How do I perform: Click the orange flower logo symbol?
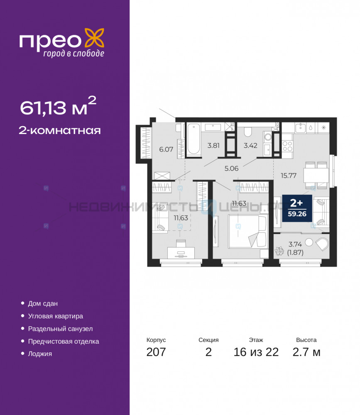coord(94,38)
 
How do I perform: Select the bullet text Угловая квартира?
coord(55,316)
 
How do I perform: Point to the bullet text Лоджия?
coord(40,354)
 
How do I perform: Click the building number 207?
coord(156,352)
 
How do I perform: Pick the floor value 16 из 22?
coord(256,352)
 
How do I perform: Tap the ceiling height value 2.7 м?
coord(306,352)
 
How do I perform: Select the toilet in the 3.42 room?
coord(248,132)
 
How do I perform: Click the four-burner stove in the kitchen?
coord(287,146)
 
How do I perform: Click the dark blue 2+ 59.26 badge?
coord(297,208)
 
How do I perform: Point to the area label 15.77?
coord(289,176)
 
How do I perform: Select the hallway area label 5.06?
coord(232,168)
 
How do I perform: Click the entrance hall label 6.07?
coord(166,149)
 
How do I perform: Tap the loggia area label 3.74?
coord(295,244)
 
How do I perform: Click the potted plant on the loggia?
coord(279,251)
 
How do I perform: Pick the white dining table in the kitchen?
coord(316,175)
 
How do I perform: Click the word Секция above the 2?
coord(208,340)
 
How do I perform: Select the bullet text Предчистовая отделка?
coord(64,342)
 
